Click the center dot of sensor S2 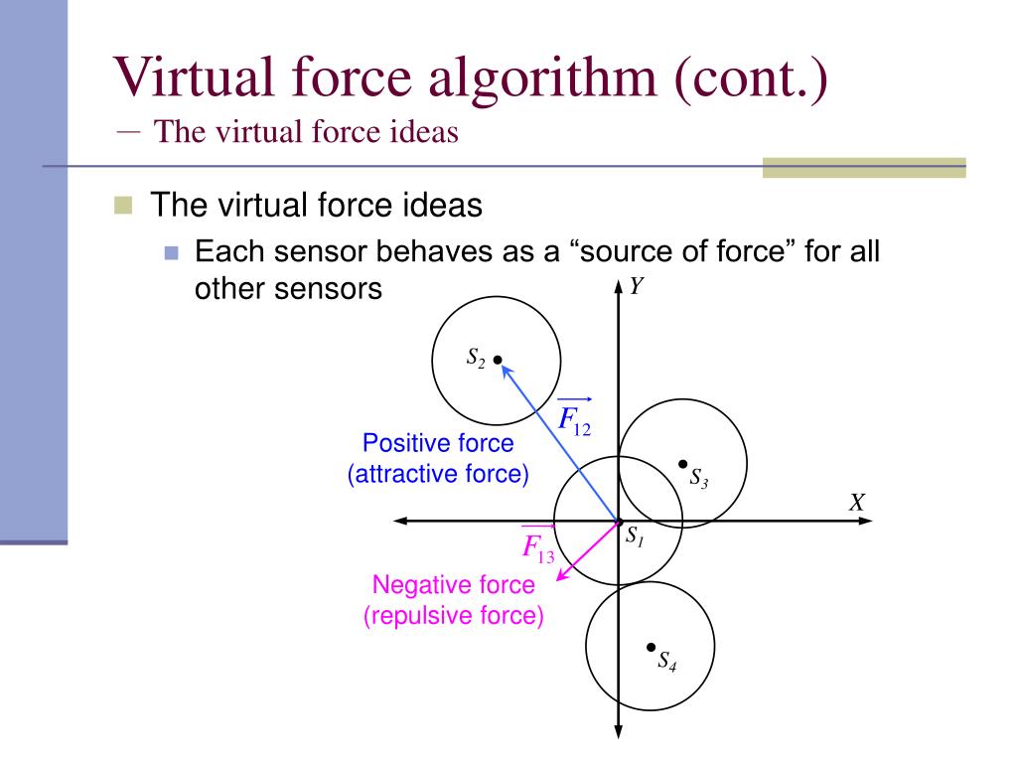click(x=498, y=360)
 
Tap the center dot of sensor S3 click(x=682, y=463)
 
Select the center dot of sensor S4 click(x=650, y=646)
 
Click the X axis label click(x=857, y=502)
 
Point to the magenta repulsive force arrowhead click(x=562, y=574)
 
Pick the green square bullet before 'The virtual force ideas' click(x=122, y=206)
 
